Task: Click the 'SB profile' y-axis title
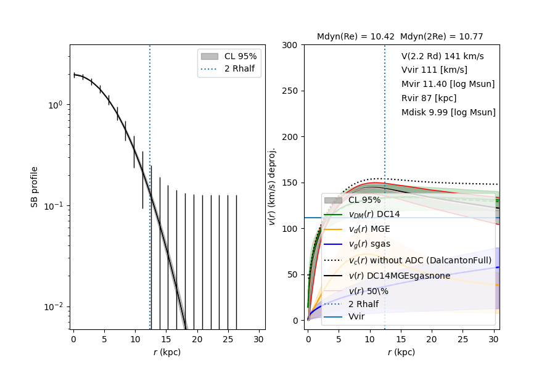pos(35,186)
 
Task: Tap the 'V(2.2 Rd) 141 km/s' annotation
pos(442,56)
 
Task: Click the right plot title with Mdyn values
pos(400,36)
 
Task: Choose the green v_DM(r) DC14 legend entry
pos(374,214)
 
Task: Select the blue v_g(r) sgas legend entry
pos(369,244)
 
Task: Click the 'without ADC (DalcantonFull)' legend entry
pos(419,260)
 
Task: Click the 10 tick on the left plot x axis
pos(136,339)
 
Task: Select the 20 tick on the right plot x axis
pos(432,339)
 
